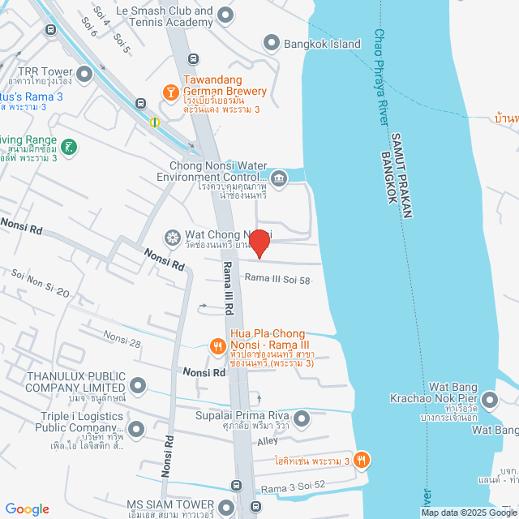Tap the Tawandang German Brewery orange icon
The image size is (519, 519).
tap(171, 92)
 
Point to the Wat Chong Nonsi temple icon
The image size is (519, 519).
tap(172, 238)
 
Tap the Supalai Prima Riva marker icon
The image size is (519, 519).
tap(302, 418)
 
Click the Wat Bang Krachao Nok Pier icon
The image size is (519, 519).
tap(490, 400)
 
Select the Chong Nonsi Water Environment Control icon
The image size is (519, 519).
tap(279, 178)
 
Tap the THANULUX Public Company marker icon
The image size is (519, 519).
tap(138, 385)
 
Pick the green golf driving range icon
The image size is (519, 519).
tap(71, 147)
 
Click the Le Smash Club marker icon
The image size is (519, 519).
tap(226, 15)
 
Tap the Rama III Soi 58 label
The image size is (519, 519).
tap(278, 280)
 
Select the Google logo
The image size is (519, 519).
tap(27, 508)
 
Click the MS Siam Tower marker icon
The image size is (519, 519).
tap(225, 508)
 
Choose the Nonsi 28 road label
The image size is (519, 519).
tap(122, 339)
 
